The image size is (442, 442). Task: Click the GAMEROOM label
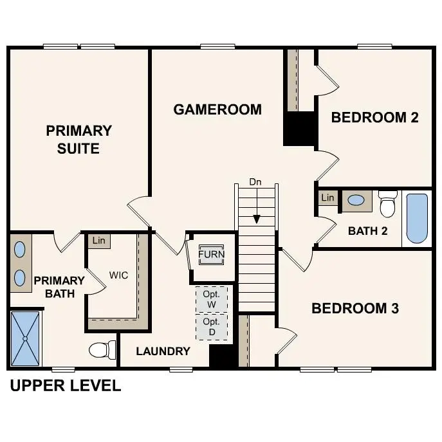pos(217,109)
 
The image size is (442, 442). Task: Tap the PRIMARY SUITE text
pos(78,140)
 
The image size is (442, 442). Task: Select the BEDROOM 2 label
pos(374,117)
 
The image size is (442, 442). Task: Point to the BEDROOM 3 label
pos(355,308)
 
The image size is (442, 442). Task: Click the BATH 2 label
pos(367,231)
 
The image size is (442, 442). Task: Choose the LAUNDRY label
pos(163,351)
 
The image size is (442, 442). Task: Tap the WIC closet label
pos(118,275)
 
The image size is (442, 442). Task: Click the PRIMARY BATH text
pos(59,287)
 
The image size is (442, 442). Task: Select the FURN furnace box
pos(211,254)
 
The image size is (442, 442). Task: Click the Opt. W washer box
pos(211,299)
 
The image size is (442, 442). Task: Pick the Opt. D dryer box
pos(211,326)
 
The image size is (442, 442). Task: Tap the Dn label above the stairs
pos(256,183)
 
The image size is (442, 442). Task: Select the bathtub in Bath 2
pos(416,218)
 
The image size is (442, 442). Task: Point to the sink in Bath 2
pos(355,200)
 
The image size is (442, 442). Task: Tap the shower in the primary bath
pos(26,338)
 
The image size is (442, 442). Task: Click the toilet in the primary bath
pos(102,350)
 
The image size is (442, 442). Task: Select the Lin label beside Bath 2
pos(328,198)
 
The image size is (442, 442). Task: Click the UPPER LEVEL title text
pos(65,386)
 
